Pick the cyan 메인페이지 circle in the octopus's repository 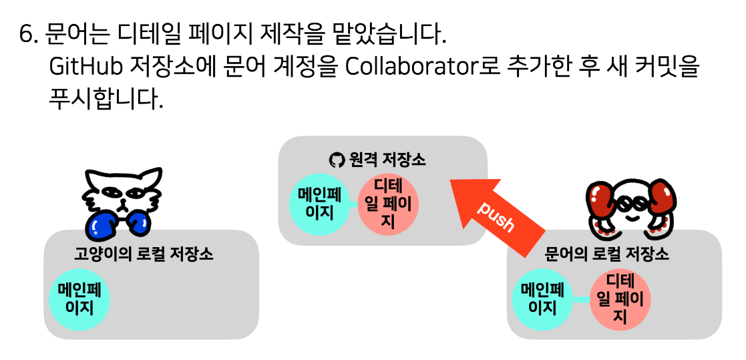click(x=542, y=299)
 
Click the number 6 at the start click(x=27, y=33)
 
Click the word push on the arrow click(x=496, y=216)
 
